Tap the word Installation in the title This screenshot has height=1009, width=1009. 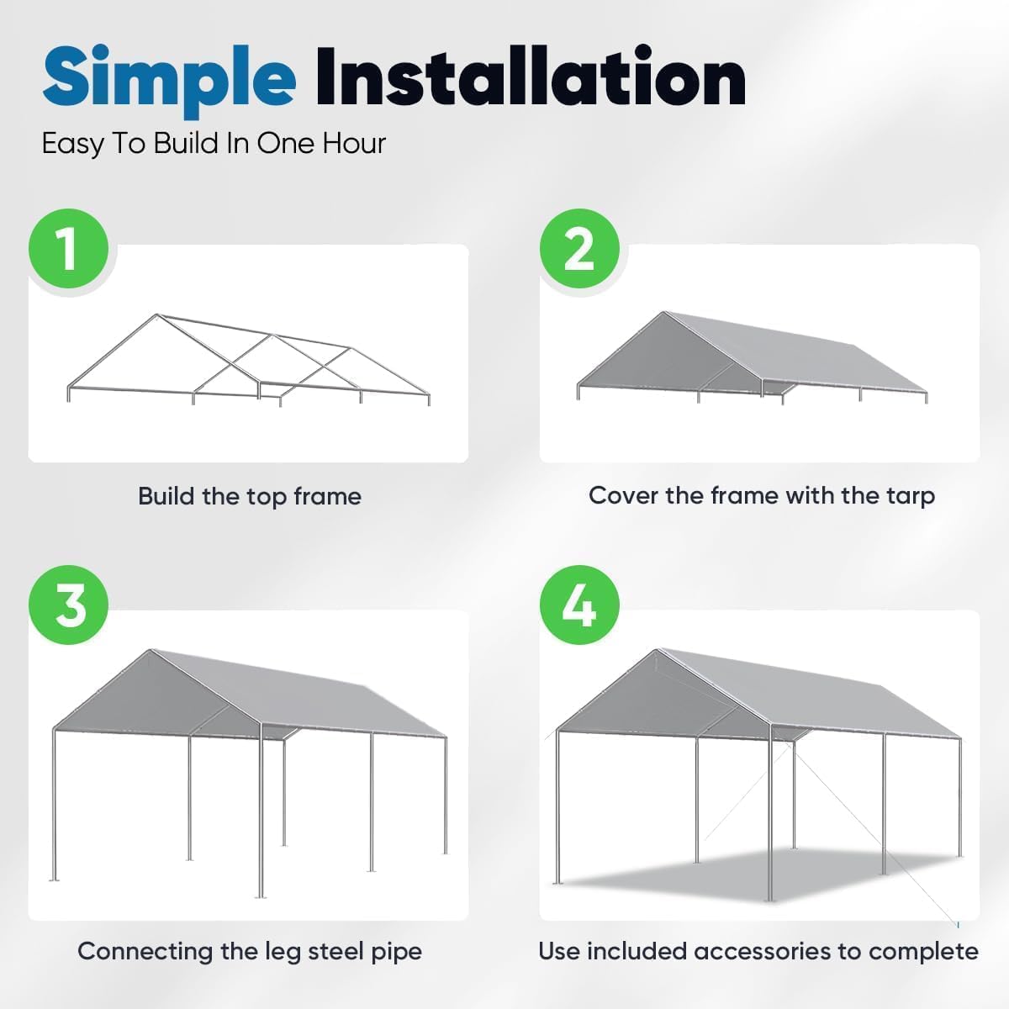(x=531, y=78)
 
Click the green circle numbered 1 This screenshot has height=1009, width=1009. (x=69, y=249)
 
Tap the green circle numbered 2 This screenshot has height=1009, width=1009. (x=579, y=249)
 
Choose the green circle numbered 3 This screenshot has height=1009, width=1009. (x=69, y=605)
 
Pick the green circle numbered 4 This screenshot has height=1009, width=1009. (x=579, y=605)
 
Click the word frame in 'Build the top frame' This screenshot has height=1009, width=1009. (x=327, y=496)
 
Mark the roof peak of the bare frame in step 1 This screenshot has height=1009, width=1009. (x=156, y=316)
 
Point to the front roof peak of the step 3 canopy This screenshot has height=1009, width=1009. (x=151, y=650)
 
